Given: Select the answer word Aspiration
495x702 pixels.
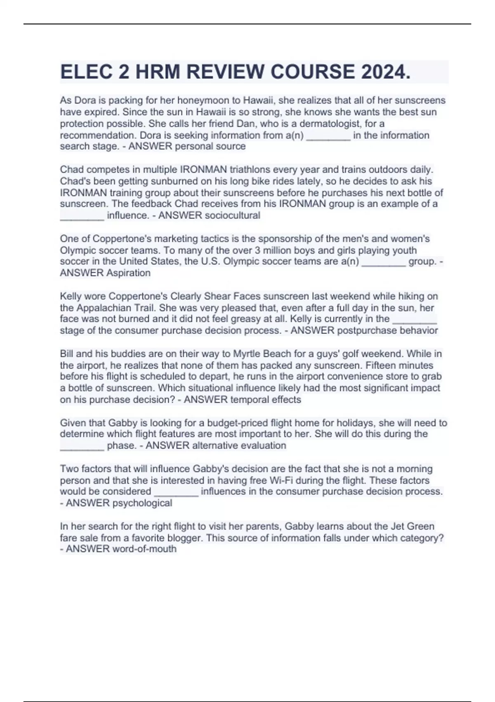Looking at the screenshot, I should (x=128, y=273).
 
